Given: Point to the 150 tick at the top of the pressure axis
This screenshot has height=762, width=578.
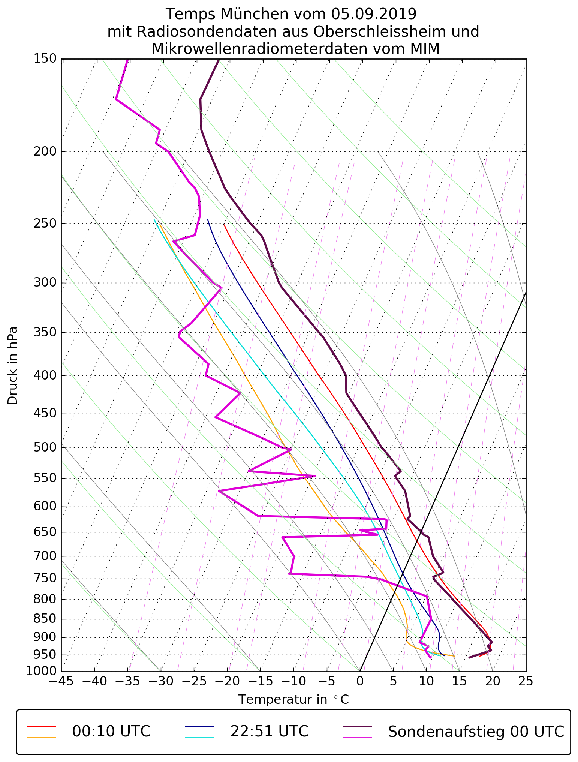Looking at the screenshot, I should click(45, 59).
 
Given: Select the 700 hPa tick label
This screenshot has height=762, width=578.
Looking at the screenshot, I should click(45, 556).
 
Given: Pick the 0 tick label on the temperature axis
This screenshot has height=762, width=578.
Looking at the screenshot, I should click(360, 680).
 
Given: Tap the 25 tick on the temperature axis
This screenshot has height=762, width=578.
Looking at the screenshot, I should click(526, 680).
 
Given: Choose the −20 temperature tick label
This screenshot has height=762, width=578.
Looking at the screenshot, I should click(227, 680).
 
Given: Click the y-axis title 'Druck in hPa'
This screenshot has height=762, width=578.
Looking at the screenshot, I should click(13, 366).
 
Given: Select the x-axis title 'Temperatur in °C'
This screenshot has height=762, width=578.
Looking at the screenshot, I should click(293, 699).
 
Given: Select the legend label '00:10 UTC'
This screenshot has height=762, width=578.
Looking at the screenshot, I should click(111, 731).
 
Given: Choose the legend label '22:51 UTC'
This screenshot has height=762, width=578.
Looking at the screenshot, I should click(269, 731).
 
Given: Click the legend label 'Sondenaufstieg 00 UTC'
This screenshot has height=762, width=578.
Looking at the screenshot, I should click(476, 731).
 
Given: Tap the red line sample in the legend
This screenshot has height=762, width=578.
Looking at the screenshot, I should click(41, 726).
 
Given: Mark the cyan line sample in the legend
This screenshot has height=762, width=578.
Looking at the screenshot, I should click(199, 738).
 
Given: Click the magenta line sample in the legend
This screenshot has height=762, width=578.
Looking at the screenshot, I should click(358, 738).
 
